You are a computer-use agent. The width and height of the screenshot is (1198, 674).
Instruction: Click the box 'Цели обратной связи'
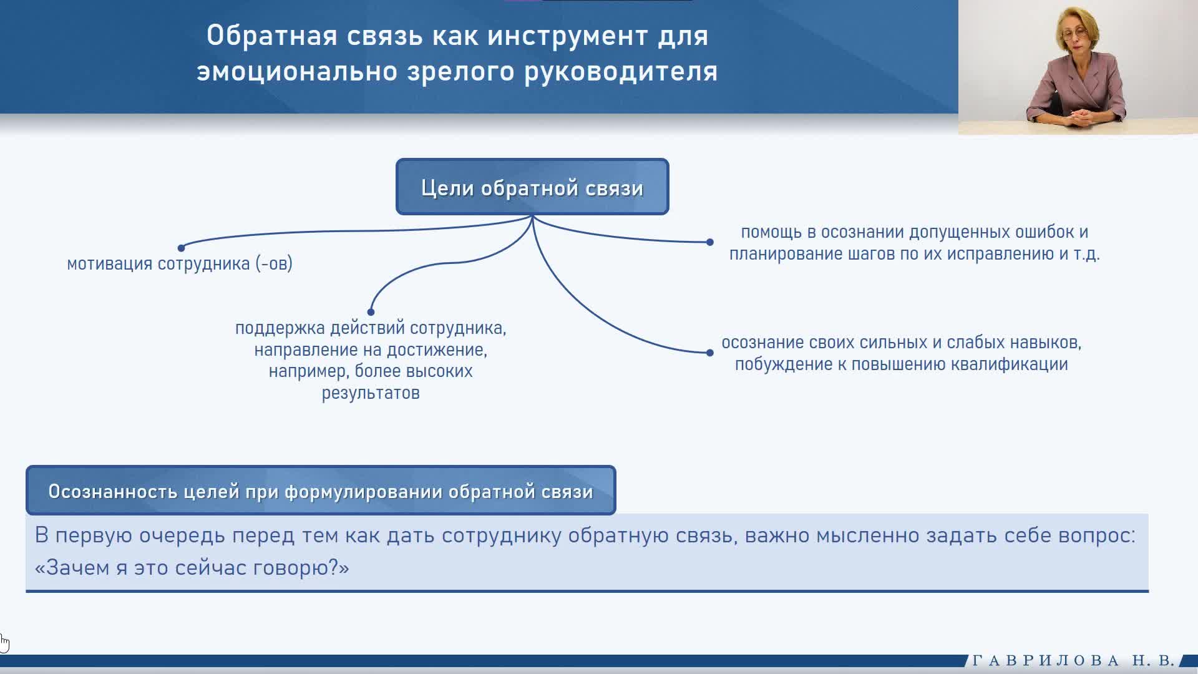(532, 187)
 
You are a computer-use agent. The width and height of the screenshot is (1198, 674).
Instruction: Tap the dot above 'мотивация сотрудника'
(181, 248)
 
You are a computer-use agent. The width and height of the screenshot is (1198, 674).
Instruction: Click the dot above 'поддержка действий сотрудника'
(371, 311)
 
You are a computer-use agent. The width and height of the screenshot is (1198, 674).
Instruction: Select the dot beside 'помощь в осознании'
(709, 242)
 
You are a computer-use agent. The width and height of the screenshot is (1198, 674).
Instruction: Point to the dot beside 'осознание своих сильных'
(709, 353)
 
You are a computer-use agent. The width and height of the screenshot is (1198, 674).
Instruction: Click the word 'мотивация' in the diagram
(109, 264)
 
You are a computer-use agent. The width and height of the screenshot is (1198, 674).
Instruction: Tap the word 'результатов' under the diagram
(371, 393)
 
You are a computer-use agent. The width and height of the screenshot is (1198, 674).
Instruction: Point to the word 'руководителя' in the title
(621, 72)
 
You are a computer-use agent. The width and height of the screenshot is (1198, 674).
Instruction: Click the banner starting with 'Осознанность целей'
(321, 491)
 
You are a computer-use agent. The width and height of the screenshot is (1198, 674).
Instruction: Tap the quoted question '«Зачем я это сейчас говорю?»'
(192, 567)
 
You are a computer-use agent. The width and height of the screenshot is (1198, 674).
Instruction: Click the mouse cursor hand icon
(4, 643)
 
